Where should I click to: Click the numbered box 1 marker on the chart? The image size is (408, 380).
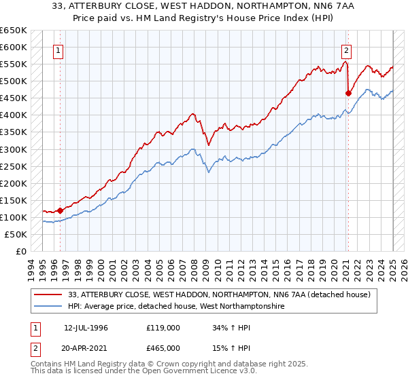[x=58, y=50]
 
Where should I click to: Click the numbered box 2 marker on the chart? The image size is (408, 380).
[x=346, y=50]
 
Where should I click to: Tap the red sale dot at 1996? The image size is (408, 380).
[x=60, y=210]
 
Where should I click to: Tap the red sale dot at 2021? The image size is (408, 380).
[x=348, y=93]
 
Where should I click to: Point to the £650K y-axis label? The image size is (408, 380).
[x=14, y=31]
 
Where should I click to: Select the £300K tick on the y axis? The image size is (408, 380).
[x=14, y=149]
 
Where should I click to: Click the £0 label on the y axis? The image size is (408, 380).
[x=21, y=251]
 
